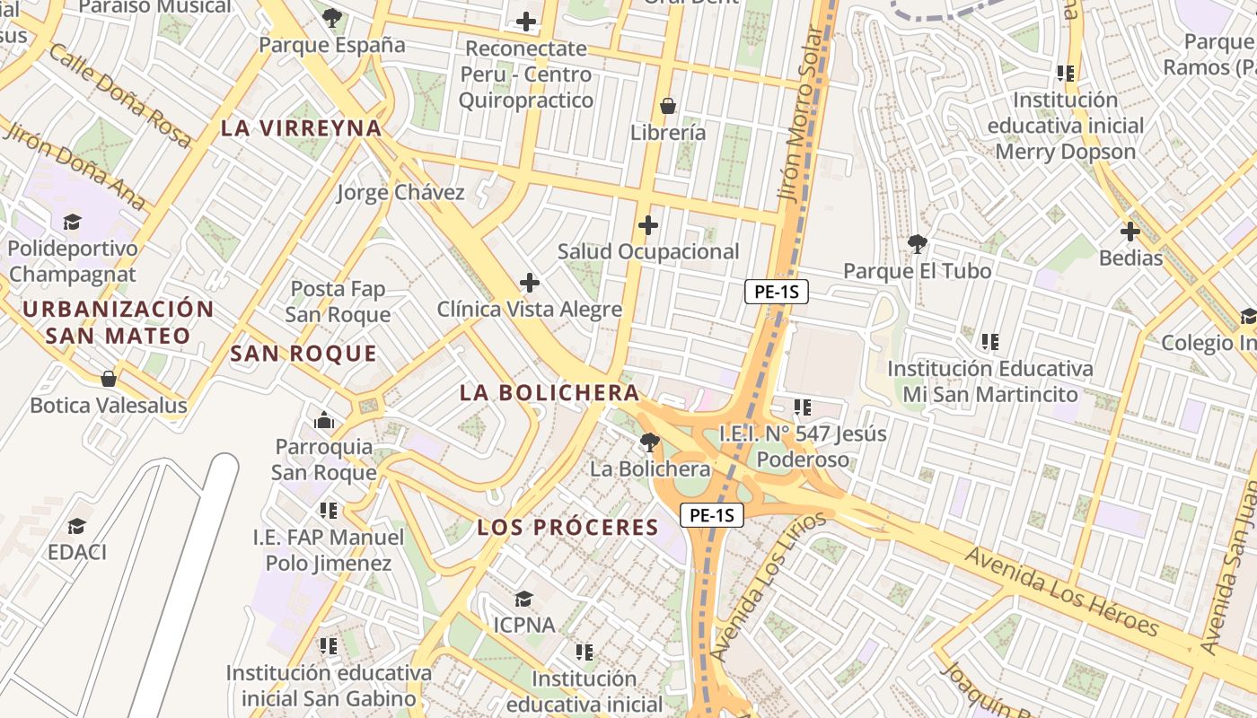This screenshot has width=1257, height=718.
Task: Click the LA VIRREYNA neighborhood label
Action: (x=302, y=128)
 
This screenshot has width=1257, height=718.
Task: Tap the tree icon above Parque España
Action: (x=332, y=17)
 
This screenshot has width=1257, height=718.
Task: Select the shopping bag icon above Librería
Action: (x=668, y=106)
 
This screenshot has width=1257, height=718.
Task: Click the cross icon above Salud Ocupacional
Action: (x=647, y=224)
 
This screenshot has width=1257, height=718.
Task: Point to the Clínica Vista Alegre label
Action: (x=529, y=310)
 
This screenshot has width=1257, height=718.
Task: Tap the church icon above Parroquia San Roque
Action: (x=323, y=420)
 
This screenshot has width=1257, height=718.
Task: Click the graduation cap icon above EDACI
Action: (x=77, y=526)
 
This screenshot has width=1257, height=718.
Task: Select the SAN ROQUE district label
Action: (x=303, y=354)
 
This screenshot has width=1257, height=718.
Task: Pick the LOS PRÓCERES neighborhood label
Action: (x=568, y=527)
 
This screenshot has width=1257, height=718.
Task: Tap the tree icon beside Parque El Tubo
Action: (x=917, y=243)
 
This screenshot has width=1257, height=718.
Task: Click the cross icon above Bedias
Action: (x=1130, y=232)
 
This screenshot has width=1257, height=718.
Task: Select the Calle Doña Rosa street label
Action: (x=119, y=94)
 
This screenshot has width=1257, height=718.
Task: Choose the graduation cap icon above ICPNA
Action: (x=523, y=598)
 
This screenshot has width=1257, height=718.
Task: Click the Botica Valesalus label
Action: (x=109, y=406)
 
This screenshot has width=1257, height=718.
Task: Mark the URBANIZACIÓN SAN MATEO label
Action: (x=119, y=322)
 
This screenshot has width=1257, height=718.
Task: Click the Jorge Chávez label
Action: (x=400, y=192)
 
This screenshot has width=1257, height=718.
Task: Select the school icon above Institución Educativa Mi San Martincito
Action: (x=989, y=341)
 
